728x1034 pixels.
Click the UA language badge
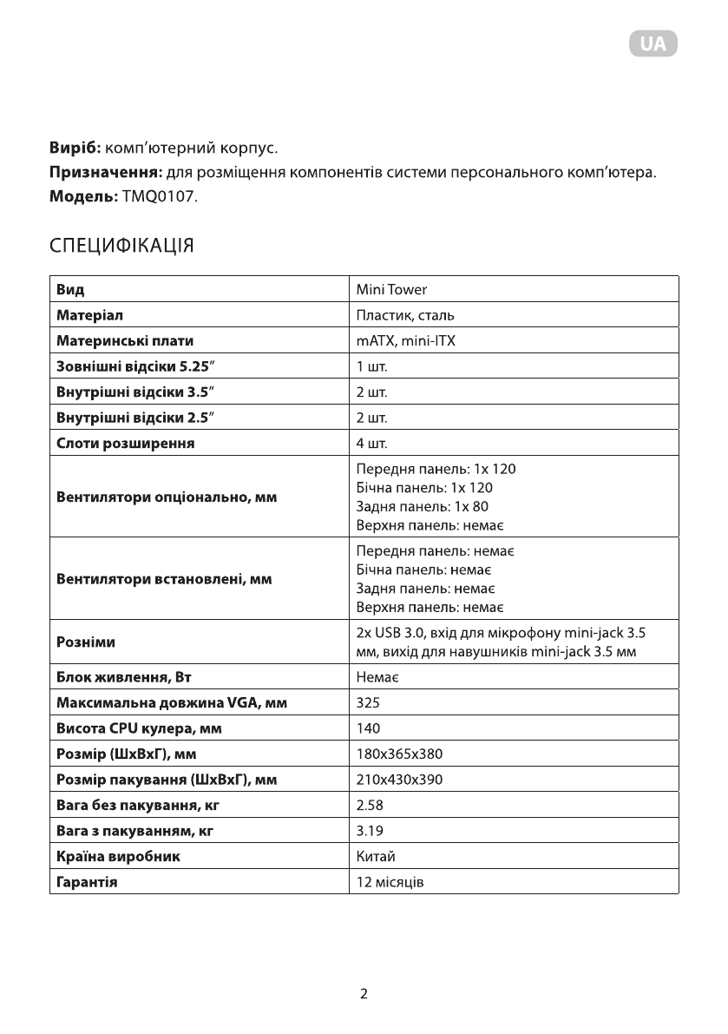(x=653, y=44)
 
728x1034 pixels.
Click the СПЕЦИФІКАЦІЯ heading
(x=121, y=246)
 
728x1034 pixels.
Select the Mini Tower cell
(x=391, y=289)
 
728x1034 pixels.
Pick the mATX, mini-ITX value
(x=405, y=341)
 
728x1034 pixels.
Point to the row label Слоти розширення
(x=125, y=444)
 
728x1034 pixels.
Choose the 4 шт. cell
(x=371, y=444)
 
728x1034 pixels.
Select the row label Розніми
(x=86, y=642)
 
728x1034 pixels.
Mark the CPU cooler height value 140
(x=369, y=728)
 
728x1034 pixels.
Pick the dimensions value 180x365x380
(x=399, y=754)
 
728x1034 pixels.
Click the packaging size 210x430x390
(x=399, y=780)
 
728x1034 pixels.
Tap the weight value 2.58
(x=370, y=805)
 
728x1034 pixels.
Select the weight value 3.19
(x=370, y=831)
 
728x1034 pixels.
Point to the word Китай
(x=376, y=857)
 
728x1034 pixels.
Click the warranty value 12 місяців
(x=390, y=882)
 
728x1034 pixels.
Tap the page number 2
(x=364, y=994)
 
